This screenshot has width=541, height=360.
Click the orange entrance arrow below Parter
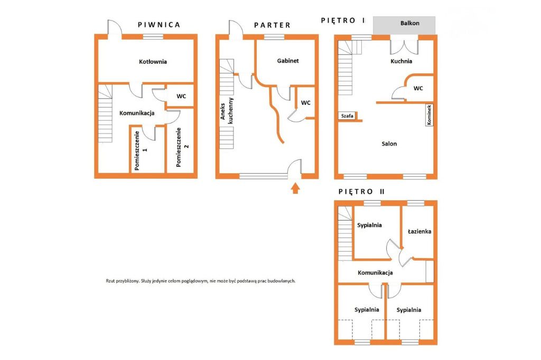click(x=295, y=188)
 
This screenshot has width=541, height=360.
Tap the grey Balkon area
click(x=404, y=25)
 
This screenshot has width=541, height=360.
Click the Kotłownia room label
click(x=153, y=62)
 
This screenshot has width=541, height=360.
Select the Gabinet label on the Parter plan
click(x=288, y=61)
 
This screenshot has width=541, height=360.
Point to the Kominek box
click(x=429, y=115)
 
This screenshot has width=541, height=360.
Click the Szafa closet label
click(x=347, y=116)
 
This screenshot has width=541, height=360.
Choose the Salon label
click(x=389, y=144)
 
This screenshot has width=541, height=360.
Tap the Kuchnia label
click(x=402, y=61)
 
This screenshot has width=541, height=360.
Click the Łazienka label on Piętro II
click(x=419, y=231)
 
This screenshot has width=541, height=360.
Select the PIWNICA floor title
click(x=159, y=25)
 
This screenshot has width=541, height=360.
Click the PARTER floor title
click(x=272, y=25)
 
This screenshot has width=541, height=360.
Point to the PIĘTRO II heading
click(x=361, y=192)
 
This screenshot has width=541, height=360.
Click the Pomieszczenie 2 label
click(x=182, y=147)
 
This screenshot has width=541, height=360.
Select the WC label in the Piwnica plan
click(x=181, y=96)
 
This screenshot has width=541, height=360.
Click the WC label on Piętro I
click(x=418, y=88)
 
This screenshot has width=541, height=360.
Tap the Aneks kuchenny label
click(x=227, y=111)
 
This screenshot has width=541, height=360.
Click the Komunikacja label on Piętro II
click(x=376, y=273)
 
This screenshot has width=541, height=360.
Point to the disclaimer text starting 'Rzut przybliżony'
click(x=200, y=281)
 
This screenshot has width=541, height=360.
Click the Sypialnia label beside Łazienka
click(x=369, y=225)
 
